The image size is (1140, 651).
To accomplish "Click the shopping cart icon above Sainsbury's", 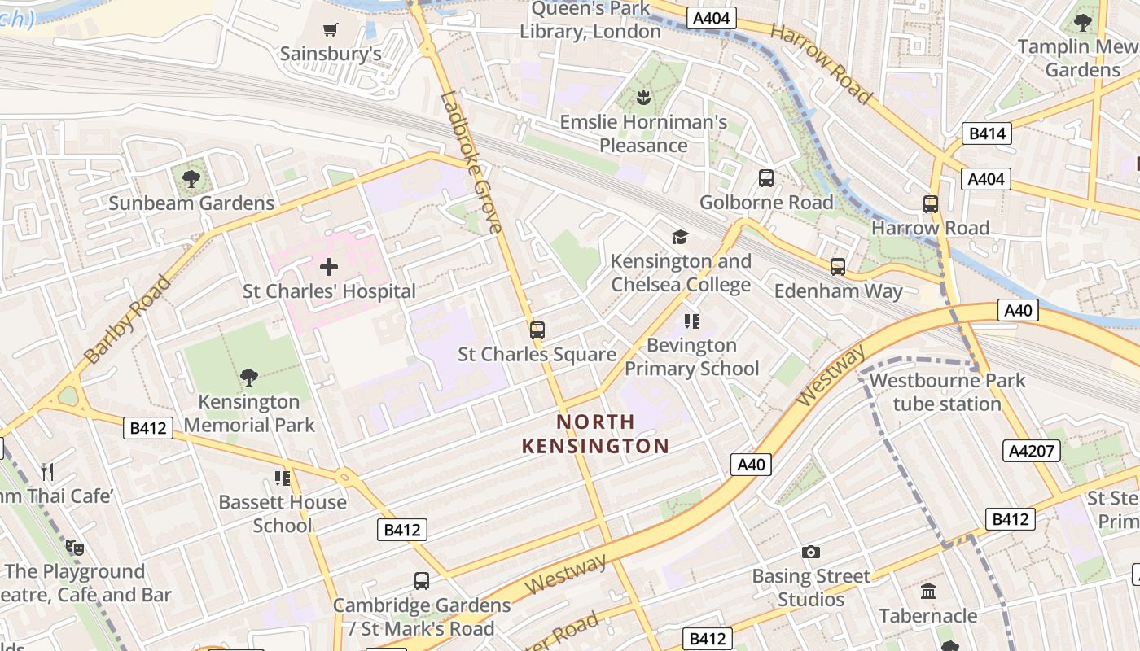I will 330,30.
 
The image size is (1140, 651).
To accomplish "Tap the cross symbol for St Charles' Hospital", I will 329,267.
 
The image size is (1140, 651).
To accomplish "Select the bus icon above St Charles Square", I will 537,330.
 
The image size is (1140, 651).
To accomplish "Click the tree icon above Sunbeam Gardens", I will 191,178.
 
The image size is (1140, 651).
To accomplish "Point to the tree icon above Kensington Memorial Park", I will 249,377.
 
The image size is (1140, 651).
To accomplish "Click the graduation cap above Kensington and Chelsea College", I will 680,237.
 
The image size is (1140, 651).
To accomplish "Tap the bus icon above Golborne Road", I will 765,178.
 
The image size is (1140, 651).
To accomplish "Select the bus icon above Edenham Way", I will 838,266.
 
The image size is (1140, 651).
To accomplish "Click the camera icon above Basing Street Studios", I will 810,553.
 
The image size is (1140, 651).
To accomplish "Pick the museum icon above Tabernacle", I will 928,592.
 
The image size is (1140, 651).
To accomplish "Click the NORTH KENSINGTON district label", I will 595,434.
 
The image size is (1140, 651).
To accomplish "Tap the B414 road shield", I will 986,133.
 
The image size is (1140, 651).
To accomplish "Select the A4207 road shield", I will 1031,451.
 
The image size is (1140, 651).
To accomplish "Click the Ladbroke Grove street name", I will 471,163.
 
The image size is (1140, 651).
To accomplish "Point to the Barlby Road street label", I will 127,319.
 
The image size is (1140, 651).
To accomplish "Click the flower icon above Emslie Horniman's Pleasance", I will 643,98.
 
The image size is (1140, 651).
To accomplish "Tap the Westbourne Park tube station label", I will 947,391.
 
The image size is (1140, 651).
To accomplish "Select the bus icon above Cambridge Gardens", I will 421,581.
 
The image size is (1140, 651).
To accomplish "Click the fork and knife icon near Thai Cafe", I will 47,471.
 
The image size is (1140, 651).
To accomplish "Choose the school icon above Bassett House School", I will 283,478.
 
